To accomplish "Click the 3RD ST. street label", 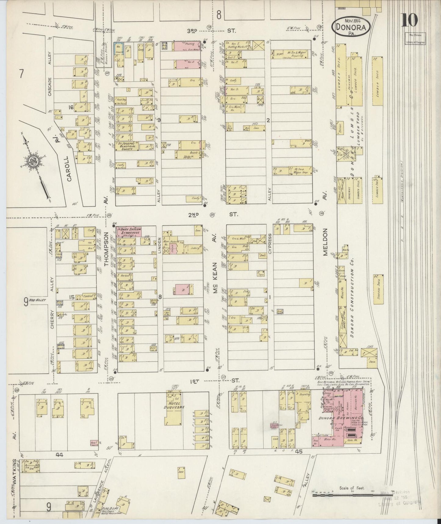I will [208, 31].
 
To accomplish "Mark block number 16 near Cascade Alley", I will [71, 107].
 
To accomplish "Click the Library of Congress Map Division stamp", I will [415, 38].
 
